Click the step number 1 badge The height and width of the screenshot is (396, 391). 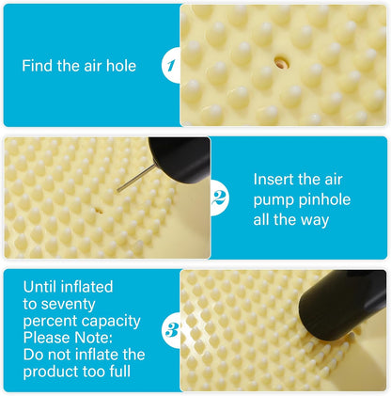pyautogui.click(x=171, y=66)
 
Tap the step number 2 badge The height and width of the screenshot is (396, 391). pyautogui.click(x=219, y=198)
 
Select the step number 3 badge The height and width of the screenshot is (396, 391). pyautogui.click(x=171, y=330)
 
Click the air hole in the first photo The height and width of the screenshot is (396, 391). pyautogui.click(x=281, y=62)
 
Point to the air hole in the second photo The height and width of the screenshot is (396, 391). pyautogui.click(x=99, y=211)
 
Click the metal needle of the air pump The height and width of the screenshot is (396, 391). pyautogui.click(x=136, y=178)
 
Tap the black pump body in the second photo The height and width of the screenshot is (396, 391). pyautogui.click(x=180, y=159)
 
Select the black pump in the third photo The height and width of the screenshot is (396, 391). pyautogui.click(x=342, y=305)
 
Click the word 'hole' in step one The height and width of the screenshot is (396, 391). pyautogui.click(x=121, y=66)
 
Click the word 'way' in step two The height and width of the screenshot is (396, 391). pyautogui.click(x=315, y=221)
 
